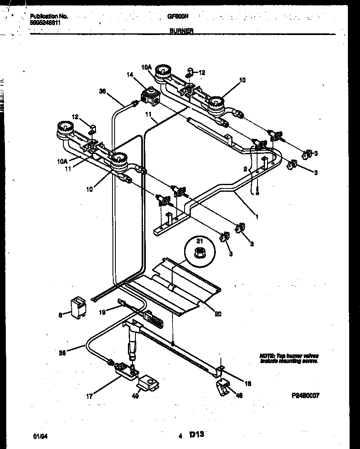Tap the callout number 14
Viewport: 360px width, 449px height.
point(130,75)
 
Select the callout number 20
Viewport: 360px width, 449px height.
point(218,314)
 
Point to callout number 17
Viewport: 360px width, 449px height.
point(89,396)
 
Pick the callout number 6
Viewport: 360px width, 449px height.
point(60,316)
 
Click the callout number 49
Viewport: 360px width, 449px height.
point(135,396)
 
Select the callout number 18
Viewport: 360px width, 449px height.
point(248,384)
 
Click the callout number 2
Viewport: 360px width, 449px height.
point(246,169)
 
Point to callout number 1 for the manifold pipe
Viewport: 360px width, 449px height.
point(257,217)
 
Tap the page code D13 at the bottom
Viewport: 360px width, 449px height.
point(197,434)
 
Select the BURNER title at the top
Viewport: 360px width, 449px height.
point(181,31)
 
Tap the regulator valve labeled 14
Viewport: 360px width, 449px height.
point(150,96)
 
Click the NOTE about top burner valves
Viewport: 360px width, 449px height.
point(289,359)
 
